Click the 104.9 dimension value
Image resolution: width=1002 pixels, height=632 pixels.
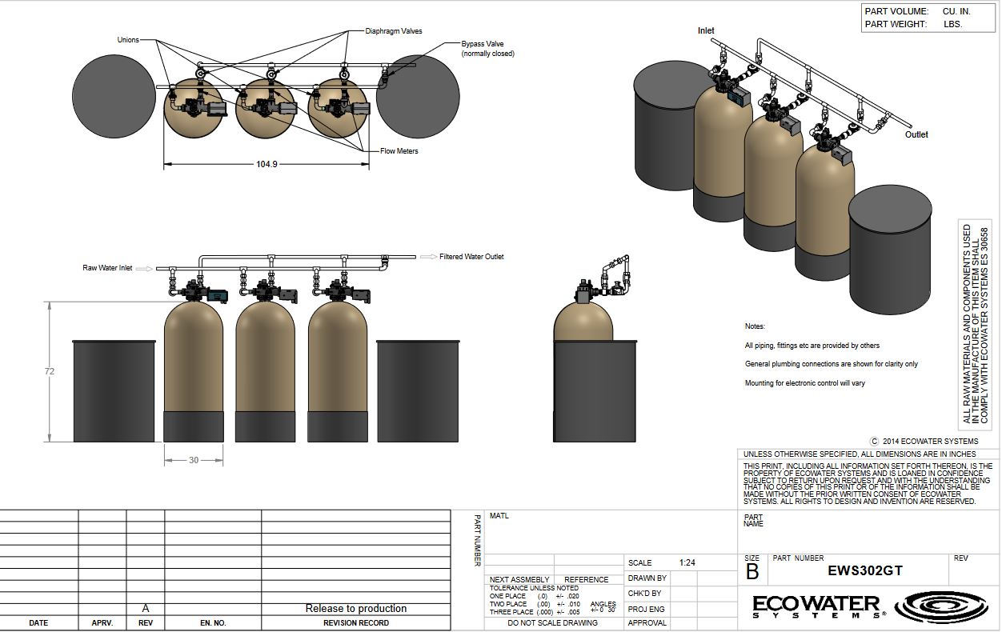pyautogui.click(x=267, y=164)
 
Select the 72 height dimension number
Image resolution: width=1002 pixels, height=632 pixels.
pyautogui.click(x=49, y=371)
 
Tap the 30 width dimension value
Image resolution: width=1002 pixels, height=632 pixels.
pyautogui.click(x=193, y=460)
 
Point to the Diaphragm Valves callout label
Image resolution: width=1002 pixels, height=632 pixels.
pyautogui.click(x=393, y=31)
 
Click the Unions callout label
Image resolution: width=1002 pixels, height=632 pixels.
pyautogui.click(x=128, y=40)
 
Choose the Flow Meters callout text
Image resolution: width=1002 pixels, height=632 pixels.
pyautogui.click(x=399, y=151)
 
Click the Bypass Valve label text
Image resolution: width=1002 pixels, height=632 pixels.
pyautogui.click(x=483, y=44)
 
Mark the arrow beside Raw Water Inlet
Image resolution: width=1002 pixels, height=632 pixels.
pyautogui.click(x=145, y=269)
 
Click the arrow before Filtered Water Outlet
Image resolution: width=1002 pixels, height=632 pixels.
pyautogui.click(x=428, y=257)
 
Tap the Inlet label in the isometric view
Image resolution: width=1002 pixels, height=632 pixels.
pyautogui.click(x=706, y=30)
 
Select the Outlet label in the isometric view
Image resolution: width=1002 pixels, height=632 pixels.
pyautogui.click(x=916, y=134)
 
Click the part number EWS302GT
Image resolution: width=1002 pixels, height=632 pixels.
pyautogui.click(x=865, y=570)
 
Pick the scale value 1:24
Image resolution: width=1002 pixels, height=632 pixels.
pyautogui.click(x=687, y=562)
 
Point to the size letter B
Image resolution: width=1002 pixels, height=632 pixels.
pyautogui.click(x=752, y=572)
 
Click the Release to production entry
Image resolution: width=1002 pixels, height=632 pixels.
pyautogui.click(x=356, y=608)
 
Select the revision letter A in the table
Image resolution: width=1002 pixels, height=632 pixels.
pyautogui.click(x=146, y=608)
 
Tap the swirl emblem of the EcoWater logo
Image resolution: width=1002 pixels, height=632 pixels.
pyautogui.click(x=940, y=606)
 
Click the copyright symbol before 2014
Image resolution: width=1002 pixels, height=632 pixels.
pyautogui.click(x=874, y=442)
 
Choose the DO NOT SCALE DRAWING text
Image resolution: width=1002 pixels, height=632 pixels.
pyautogui.click(x=552, y=622)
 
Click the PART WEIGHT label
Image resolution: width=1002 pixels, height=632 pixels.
pyautogui.click(x=896, y=24)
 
